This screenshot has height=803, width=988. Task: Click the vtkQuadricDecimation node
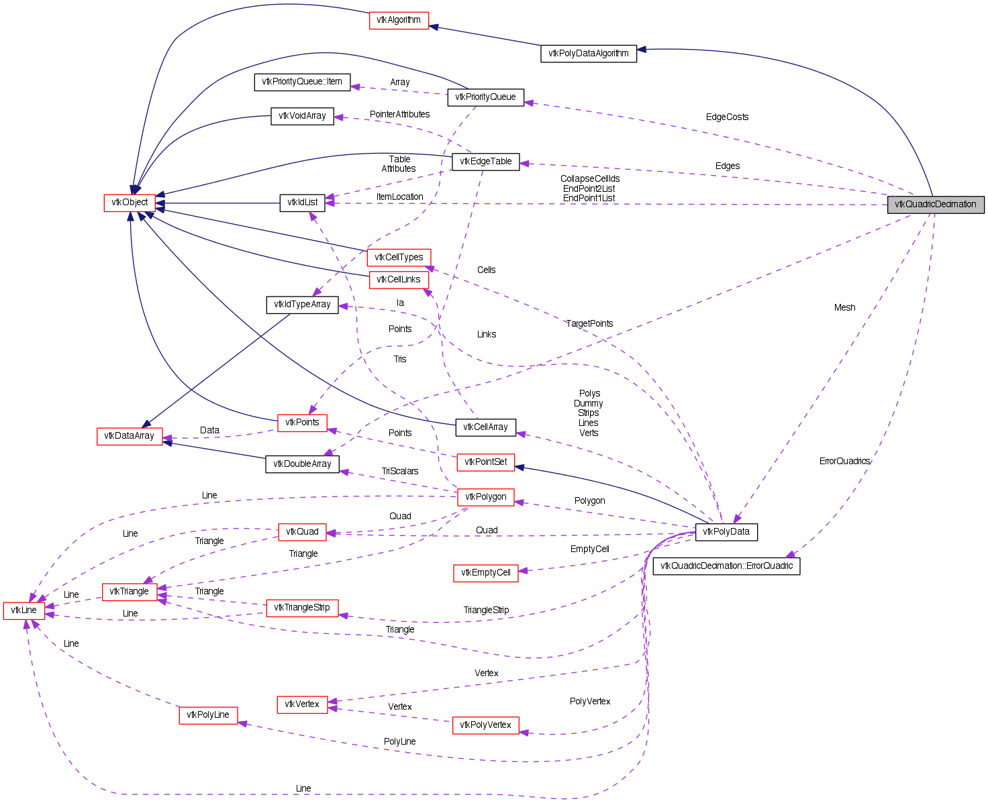pos(935,205)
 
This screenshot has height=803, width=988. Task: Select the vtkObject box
pos(130,203)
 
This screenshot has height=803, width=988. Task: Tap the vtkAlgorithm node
pos(399,20)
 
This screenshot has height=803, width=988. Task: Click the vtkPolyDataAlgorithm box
pos(588,54)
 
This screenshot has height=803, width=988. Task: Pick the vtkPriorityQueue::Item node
pos(302,82)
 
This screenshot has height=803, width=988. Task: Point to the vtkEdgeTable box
pos(486,162)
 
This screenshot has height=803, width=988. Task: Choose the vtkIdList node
pos(302,203)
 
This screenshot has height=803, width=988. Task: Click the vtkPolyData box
pos(726,532)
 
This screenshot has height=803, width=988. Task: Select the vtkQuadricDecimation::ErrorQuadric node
pos(726,566)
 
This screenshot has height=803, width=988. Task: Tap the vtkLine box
pos(24,610)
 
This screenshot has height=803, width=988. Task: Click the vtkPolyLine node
pos(208,715)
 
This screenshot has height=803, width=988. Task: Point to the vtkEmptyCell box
pos(486,573)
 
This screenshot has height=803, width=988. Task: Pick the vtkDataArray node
pos(130,436)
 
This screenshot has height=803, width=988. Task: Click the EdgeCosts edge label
pos(727,117)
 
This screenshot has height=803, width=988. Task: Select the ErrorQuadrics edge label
pos(844,462)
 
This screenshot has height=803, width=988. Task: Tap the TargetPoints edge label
pos(589,324)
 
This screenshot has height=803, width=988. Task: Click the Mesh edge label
pos(844,308)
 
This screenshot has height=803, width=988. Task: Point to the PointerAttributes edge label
pos(399,115)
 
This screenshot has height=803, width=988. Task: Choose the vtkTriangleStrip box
pos(302,608)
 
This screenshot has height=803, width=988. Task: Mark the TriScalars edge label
pos(400,472)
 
